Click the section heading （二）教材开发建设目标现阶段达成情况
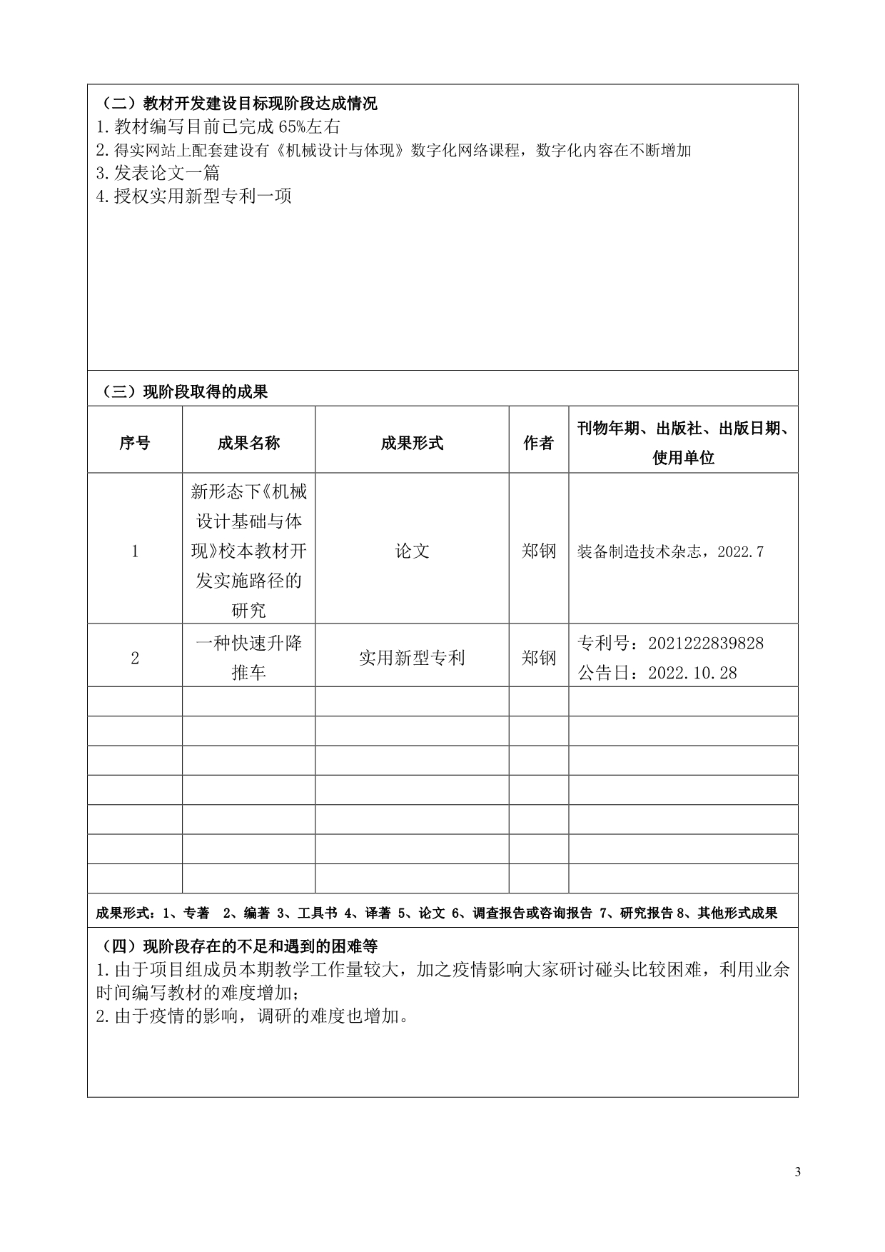[236, 104]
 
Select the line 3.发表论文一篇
[158, 173]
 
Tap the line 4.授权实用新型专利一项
[193, 196]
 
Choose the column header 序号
[135, 443]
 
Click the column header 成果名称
[248, 443]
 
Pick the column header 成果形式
[412, 443]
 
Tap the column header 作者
[538, 443]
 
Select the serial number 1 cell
[135, 551]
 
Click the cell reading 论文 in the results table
[412, 551]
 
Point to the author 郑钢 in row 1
[538, 551]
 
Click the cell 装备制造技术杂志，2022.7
[670, 552]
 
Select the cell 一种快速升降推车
[248, 658]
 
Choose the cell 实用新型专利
[412, 658]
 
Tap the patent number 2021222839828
[705, 643]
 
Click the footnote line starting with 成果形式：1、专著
[436, 913]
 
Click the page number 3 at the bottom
[797, 1172]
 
